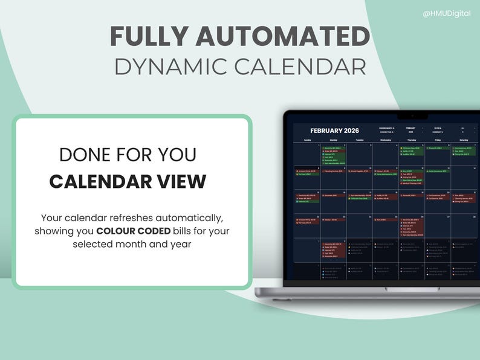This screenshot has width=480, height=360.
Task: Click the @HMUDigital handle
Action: pos(446,13)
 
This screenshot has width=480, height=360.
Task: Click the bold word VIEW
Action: pos(181,181)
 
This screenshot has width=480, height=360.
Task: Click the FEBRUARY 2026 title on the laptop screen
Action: pos(334,130)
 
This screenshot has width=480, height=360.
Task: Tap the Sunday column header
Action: pos(307,139)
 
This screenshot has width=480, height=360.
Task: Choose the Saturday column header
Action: pos(464,139)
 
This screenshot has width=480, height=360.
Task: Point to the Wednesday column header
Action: pos(386,139)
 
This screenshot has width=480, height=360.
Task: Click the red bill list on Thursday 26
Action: pos(411,227)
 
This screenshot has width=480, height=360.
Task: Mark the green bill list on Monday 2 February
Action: pos(333,155)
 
